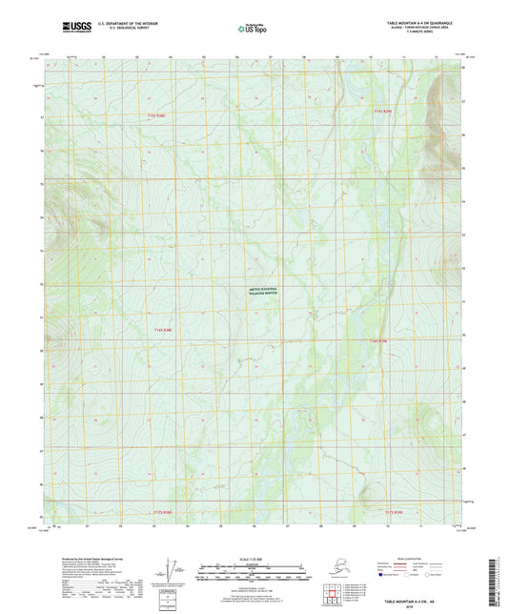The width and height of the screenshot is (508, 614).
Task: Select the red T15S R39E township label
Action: [x=382, y=112]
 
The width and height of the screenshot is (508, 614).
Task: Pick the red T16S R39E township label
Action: [x=379, y=338]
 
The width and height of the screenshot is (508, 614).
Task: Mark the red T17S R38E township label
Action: [x=164, y=512]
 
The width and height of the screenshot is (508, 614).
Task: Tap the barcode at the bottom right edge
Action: [x=498, y=582]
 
